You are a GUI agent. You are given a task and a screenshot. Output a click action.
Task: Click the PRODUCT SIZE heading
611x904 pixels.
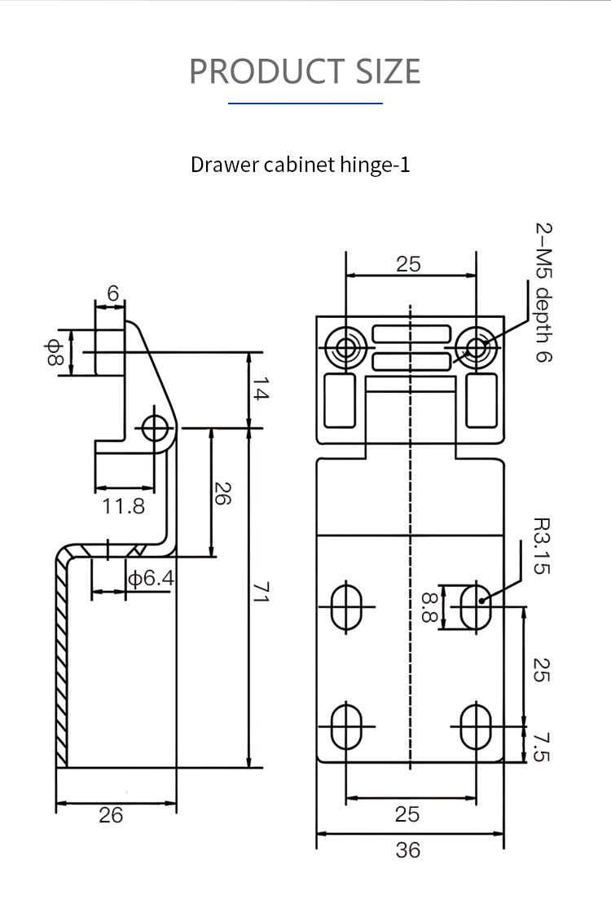(x=305, y=72)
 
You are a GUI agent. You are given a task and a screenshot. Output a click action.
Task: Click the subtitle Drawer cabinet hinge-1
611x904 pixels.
(x=300, y=165)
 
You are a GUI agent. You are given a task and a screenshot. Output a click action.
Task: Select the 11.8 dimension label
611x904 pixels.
(x=123, y=506)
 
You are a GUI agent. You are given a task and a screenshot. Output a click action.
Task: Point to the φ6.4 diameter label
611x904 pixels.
(x=151, y=579)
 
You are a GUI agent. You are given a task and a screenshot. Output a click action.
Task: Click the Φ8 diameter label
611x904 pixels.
(x=55, y=353)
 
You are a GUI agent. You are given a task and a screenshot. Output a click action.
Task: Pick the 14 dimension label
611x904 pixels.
(x=260, y=392)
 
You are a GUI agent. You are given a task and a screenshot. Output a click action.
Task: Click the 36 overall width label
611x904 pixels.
(x=407, y=850)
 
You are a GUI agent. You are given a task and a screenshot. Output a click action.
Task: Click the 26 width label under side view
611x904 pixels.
(x=111, y=814)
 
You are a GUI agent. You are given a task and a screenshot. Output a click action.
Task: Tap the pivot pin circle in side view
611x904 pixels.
(x=155, y=427)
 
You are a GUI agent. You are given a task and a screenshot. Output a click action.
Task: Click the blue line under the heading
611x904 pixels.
(x=305, y=104)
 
